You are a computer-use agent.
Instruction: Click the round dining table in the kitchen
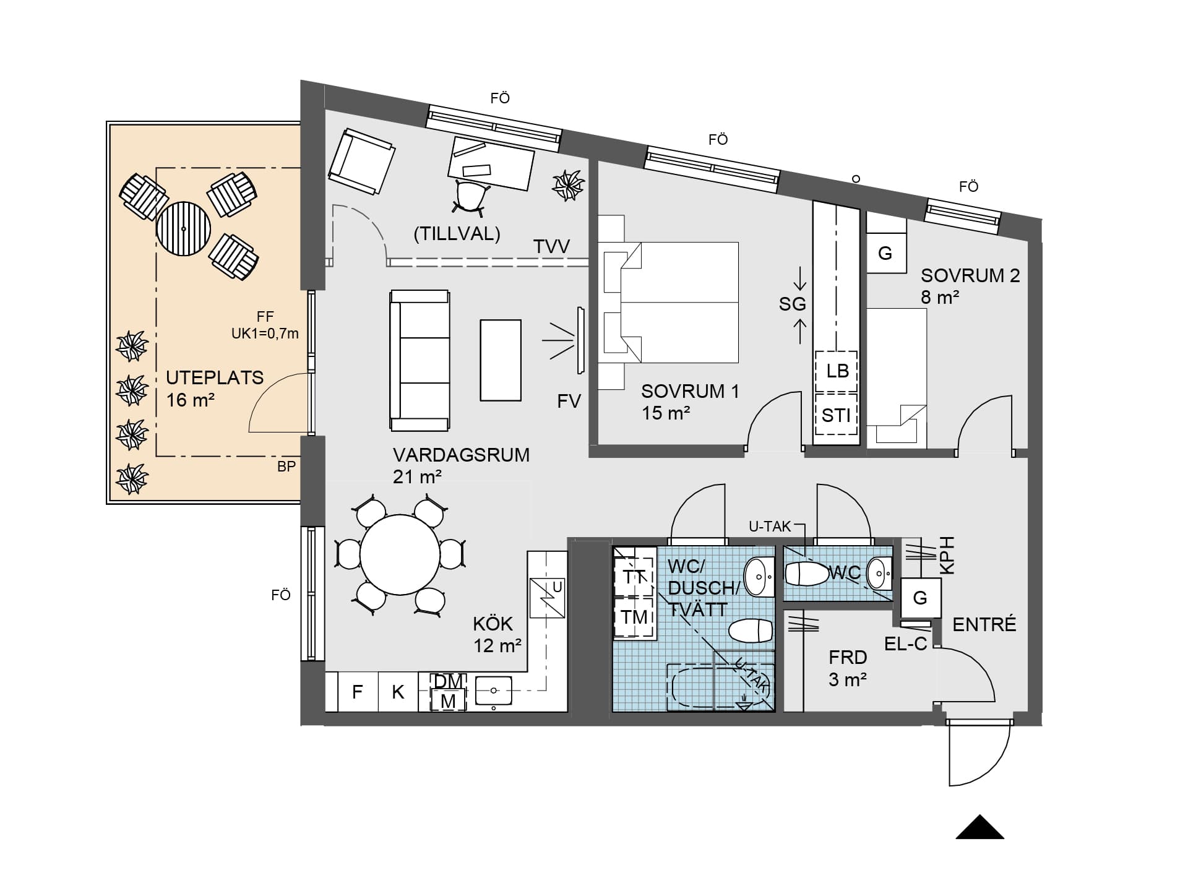click(x=400, y=555)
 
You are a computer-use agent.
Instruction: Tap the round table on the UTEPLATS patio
click(x=184, y=228)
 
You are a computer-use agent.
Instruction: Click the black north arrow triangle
click(x=980, y=827)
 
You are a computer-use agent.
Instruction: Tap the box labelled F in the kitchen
click(x=357, y=692)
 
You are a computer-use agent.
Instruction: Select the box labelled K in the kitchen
click(x=398, y=692)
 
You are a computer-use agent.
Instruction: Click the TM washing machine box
click(x=634, y=617)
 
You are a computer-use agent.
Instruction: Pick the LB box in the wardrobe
click(x=837, y=371)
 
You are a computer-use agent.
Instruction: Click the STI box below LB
click(x=837, y=415)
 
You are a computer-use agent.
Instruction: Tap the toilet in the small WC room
click(x=807, y=574)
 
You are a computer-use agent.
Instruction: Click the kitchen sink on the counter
click(x=493, y=691)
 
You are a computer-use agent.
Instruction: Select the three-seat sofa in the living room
click(x=420, y=361)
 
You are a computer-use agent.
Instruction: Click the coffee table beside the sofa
click(x=501, y=360)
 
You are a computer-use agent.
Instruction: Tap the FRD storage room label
click(x=848, y=657)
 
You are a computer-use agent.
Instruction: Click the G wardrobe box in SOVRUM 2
click(x=886, y=253)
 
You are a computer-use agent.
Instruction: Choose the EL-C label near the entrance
click(x=905, y=644)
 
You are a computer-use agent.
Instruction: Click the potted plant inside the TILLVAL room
click(x=568, y=185)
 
